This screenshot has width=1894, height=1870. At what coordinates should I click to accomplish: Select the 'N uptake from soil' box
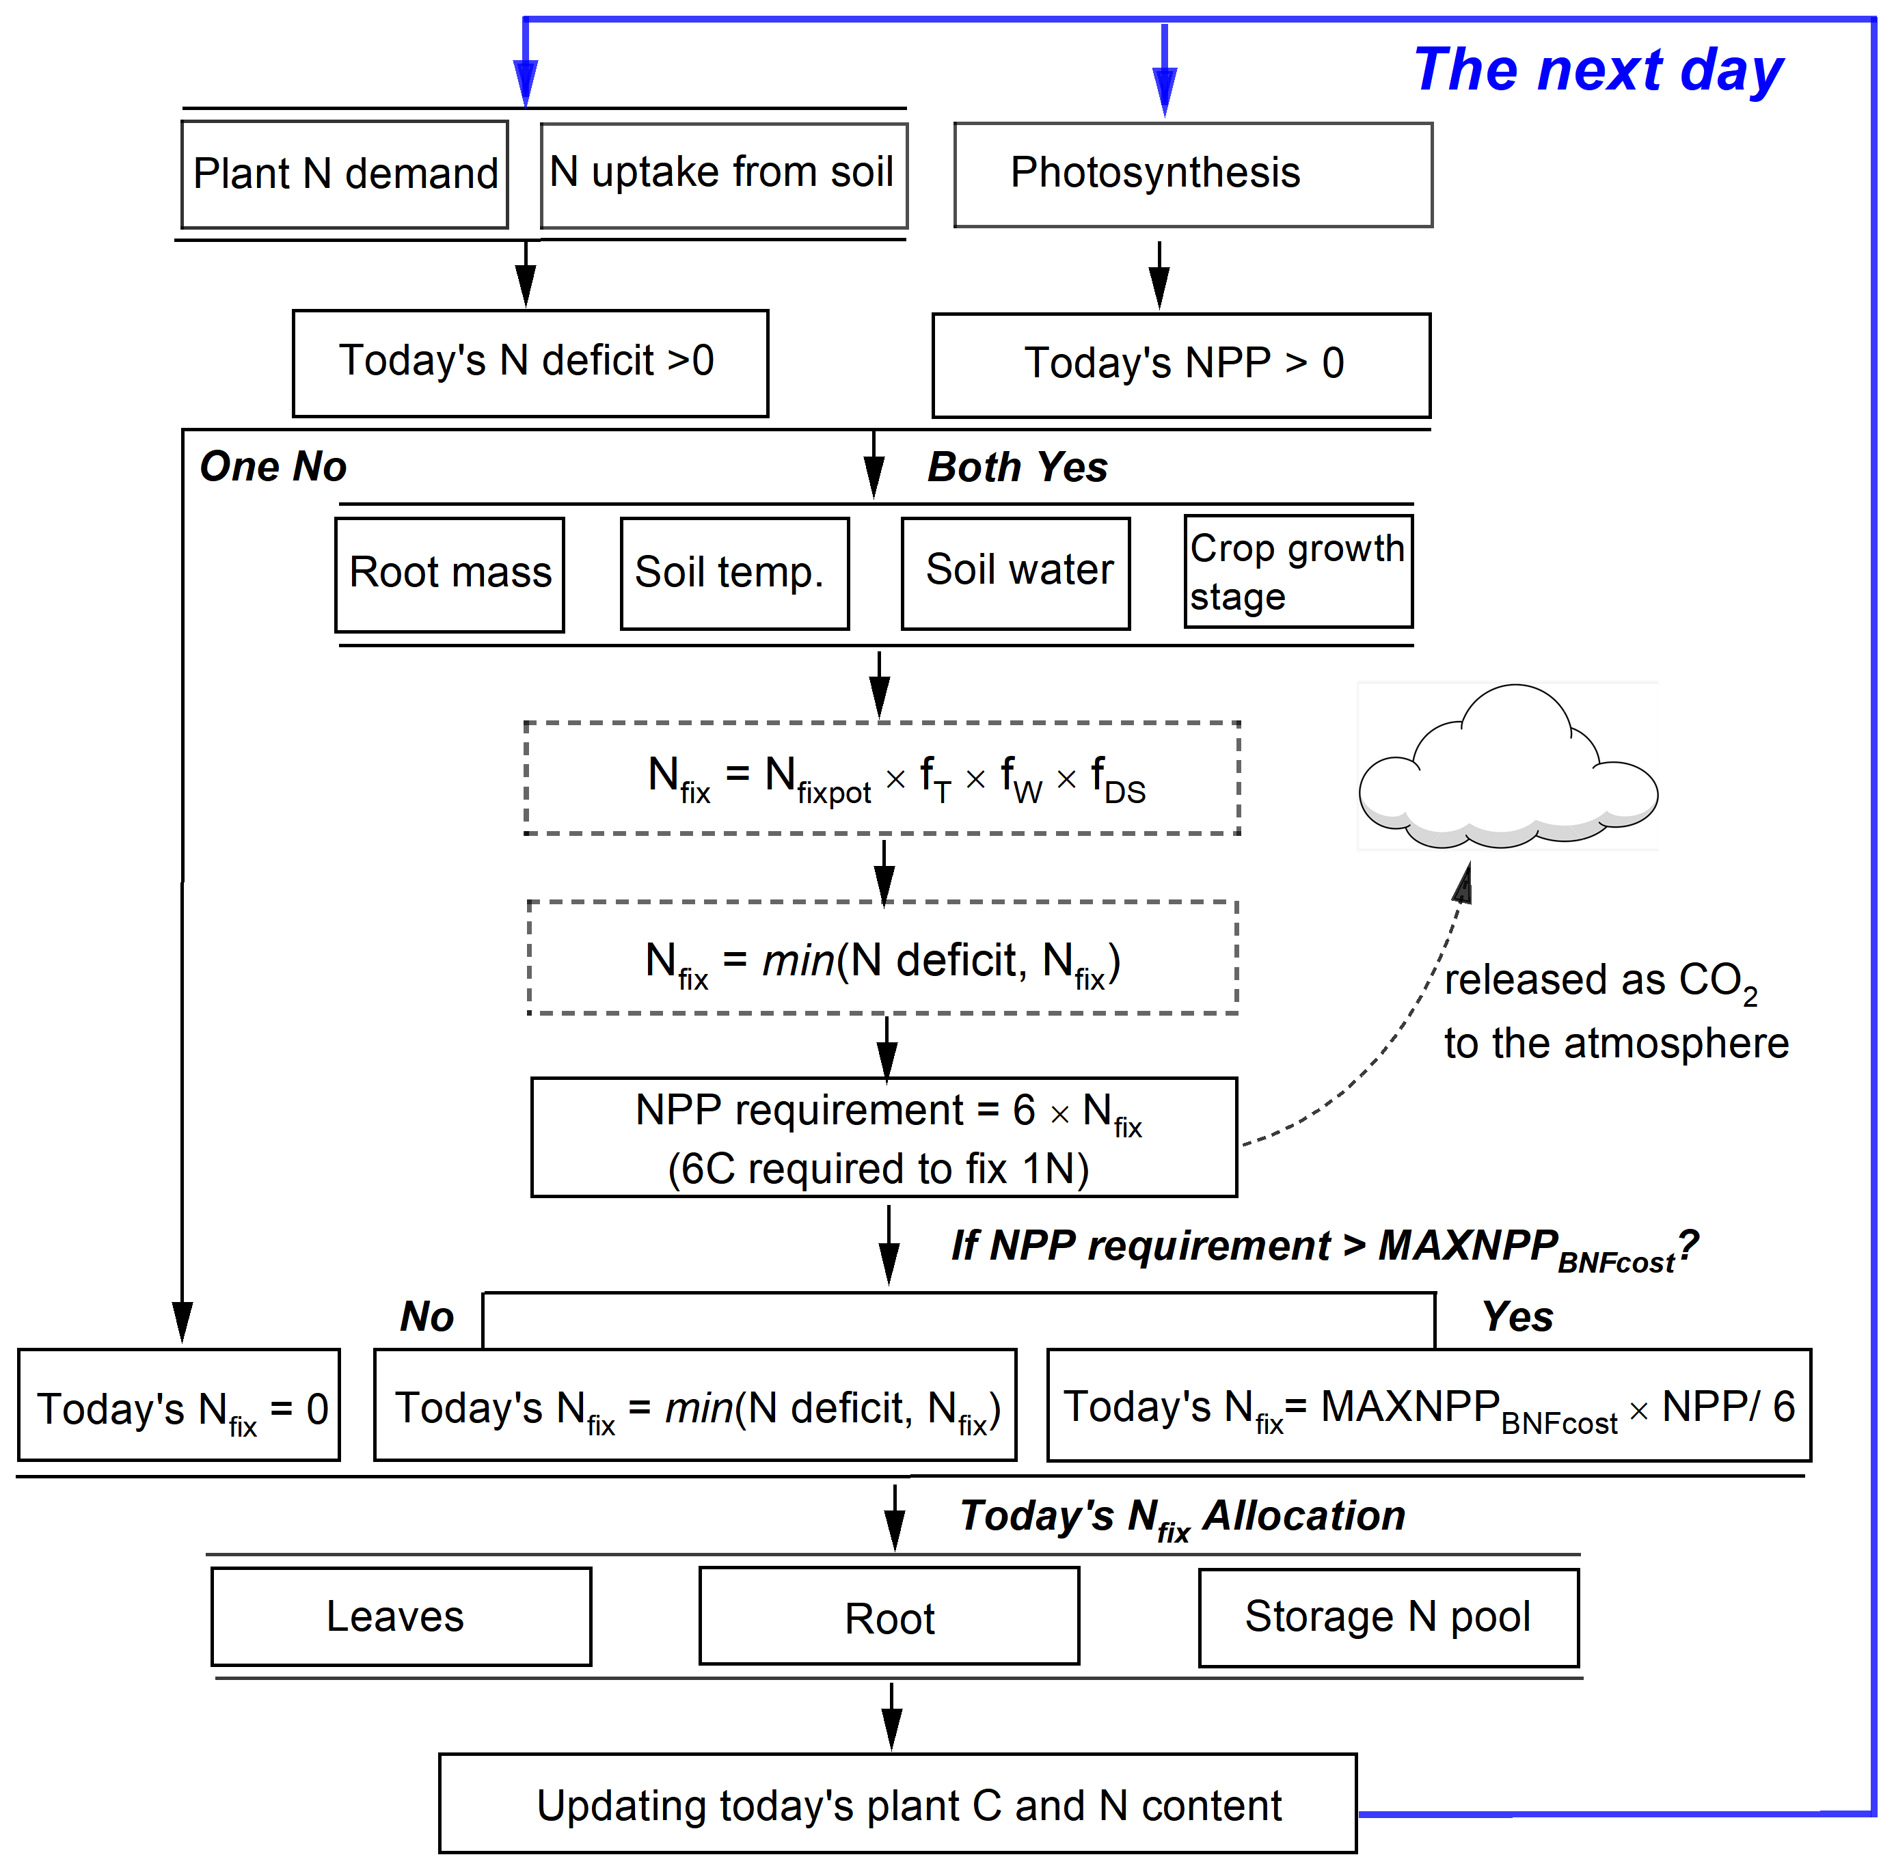pos(723,174)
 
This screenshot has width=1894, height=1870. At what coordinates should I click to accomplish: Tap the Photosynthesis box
pos(1192,174)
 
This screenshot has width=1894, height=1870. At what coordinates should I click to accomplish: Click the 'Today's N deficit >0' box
pos(530,363)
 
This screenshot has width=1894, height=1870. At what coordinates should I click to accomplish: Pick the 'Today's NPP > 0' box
pos(1180,364)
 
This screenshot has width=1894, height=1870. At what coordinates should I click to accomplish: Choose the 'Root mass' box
pos(449,574)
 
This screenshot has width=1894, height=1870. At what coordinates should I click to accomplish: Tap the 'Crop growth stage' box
pos(1297,571)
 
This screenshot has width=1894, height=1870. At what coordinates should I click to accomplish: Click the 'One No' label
pos(273,467)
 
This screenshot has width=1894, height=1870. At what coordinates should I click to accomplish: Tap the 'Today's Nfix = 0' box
pos(178,1405)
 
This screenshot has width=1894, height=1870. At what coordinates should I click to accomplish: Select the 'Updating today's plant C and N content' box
pos(897,1802)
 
